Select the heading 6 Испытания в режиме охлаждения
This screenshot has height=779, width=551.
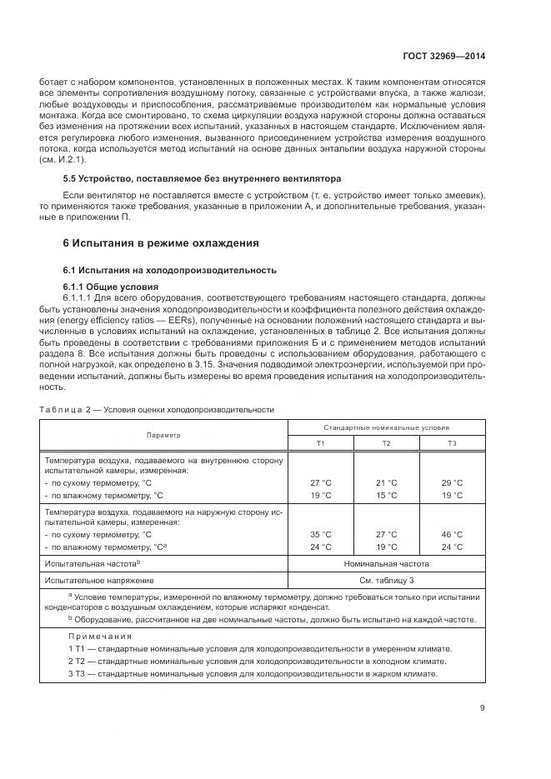(161, 243)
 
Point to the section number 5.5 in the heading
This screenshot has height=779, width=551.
(72, 179)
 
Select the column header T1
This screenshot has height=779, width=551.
(321, 442)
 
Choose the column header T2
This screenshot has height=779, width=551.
(387, 442)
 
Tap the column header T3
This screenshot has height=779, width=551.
(452, 442)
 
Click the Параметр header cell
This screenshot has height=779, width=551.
(163, 435)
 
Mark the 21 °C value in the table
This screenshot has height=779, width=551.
(387, 482)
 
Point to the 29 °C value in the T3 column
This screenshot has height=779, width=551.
(452, 482)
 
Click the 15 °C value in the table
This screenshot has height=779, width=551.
(387, 495)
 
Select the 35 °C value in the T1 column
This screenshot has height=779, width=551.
(321, 534)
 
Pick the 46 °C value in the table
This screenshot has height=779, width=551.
(452, 534)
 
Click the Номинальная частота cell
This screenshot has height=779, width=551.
(387, 563)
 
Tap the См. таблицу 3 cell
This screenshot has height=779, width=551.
(387, 579)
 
